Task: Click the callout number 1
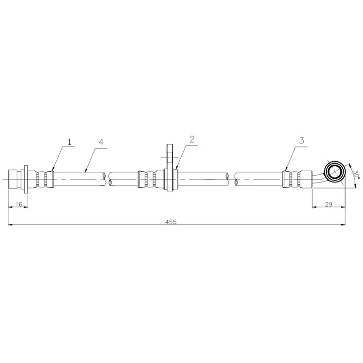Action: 70,142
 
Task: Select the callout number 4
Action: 101,142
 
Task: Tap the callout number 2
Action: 192,140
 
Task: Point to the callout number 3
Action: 301,141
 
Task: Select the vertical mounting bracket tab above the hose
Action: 170,157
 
